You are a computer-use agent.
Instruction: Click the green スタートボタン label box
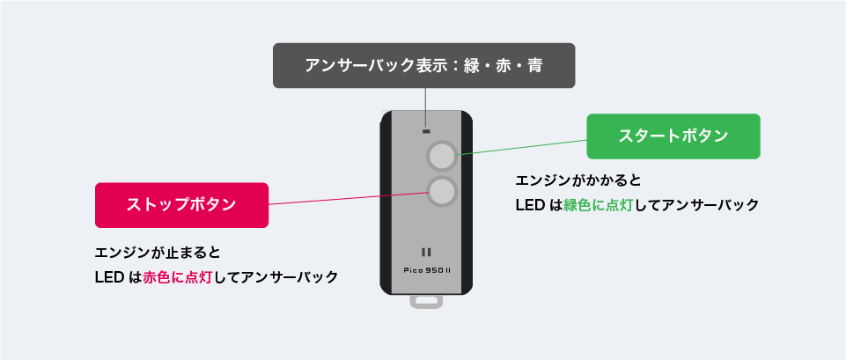[673, 136]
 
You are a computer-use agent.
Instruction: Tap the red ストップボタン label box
[182, 205]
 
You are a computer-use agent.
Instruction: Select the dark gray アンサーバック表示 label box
[424, 65]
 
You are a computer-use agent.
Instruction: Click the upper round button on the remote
[442, 156]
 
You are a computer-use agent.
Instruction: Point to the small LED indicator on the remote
[426, 131]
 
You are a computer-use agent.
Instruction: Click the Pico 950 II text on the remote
[426, 270]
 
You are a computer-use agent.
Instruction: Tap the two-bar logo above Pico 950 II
[426, 252]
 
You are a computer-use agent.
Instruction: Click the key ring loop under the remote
[426, 301]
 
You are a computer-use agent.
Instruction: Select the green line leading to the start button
[522, 147]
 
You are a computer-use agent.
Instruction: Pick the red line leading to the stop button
[348, 199]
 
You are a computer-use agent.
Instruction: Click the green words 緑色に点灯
[598, 205]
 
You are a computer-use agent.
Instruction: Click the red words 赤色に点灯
[177, 277]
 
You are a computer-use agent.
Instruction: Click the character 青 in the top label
[534, 66]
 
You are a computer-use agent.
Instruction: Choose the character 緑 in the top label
[471, 66]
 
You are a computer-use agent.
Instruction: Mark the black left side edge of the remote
[386, 202]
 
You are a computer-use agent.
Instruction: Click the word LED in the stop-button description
[109, 277]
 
